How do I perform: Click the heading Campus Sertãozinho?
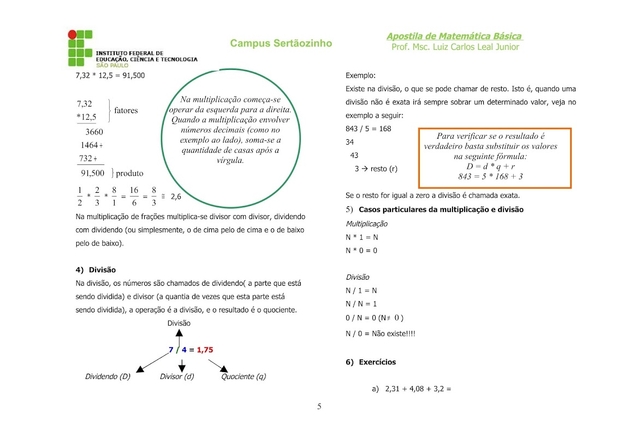coord(281,43)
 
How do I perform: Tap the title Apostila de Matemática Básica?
coord(454,36)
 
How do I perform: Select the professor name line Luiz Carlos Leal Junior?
coord(455,47)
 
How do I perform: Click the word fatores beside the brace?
coord(126,110)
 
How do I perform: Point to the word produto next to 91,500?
coord(129,173)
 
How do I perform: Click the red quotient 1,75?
coord(205,350)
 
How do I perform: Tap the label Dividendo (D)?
coord(108,376)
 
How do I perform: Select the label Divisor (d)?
coord(177,376)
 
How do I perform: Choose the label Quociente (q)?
coord(243,376)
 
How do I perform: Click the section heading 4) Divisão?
coord(96,270)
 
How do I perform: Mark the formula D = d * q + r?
coord(491,166)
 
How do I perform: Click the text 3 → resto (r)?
coord(376,169)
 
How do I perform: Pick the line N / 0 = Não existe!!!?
coord(381,334)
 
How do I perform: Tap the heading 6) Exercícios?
coord(371,362)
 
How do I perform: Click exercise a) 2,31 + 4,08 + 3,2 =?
coord(411,389)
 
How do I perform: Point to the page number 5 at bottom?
coord(319,406)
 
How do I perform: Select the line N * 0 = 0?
coord(361,251)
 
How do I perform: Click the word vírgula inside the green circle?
coord(230,161)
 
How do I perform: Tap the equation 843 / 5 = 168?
coord(369,129)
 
